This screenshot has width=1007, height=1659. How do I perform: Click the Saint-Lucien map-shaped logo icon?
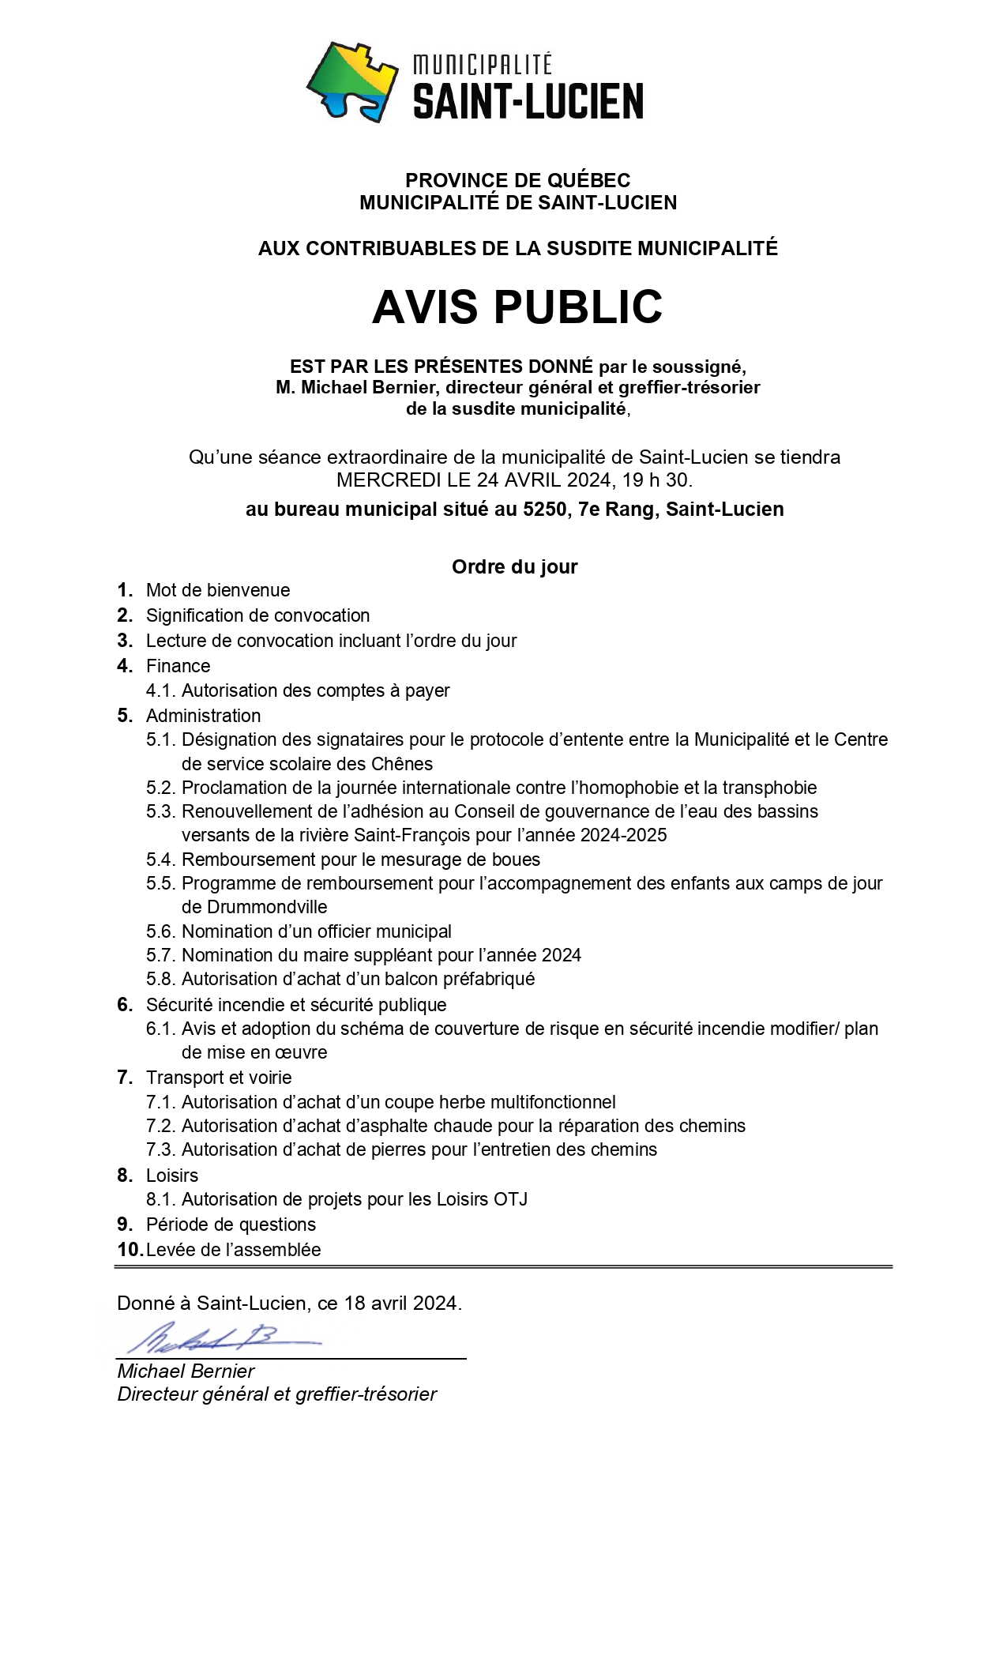352,81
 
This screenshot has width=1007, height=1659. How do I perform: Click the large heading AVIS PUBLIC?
517,307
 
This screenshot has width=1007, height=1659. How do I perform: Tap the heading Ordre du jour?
514,566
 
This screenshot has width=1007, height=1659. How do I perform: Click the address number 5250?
544,510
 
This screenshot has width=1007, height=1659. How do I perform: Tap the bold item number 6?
125,1005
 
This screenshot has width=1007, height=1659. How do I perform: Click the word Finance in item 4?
178,666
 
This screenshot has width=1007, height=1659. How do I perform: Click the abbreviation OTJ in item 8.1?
510,1199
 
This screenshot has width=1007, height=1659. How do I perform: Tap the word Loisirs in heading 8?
172,1176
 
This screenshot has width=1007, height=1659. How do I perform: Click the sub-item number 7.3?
161,1149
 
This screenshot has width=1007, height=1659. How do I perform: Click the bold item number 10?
129,1250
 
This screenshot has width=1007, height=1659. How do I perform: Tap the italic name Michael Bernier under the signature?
186,1371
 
